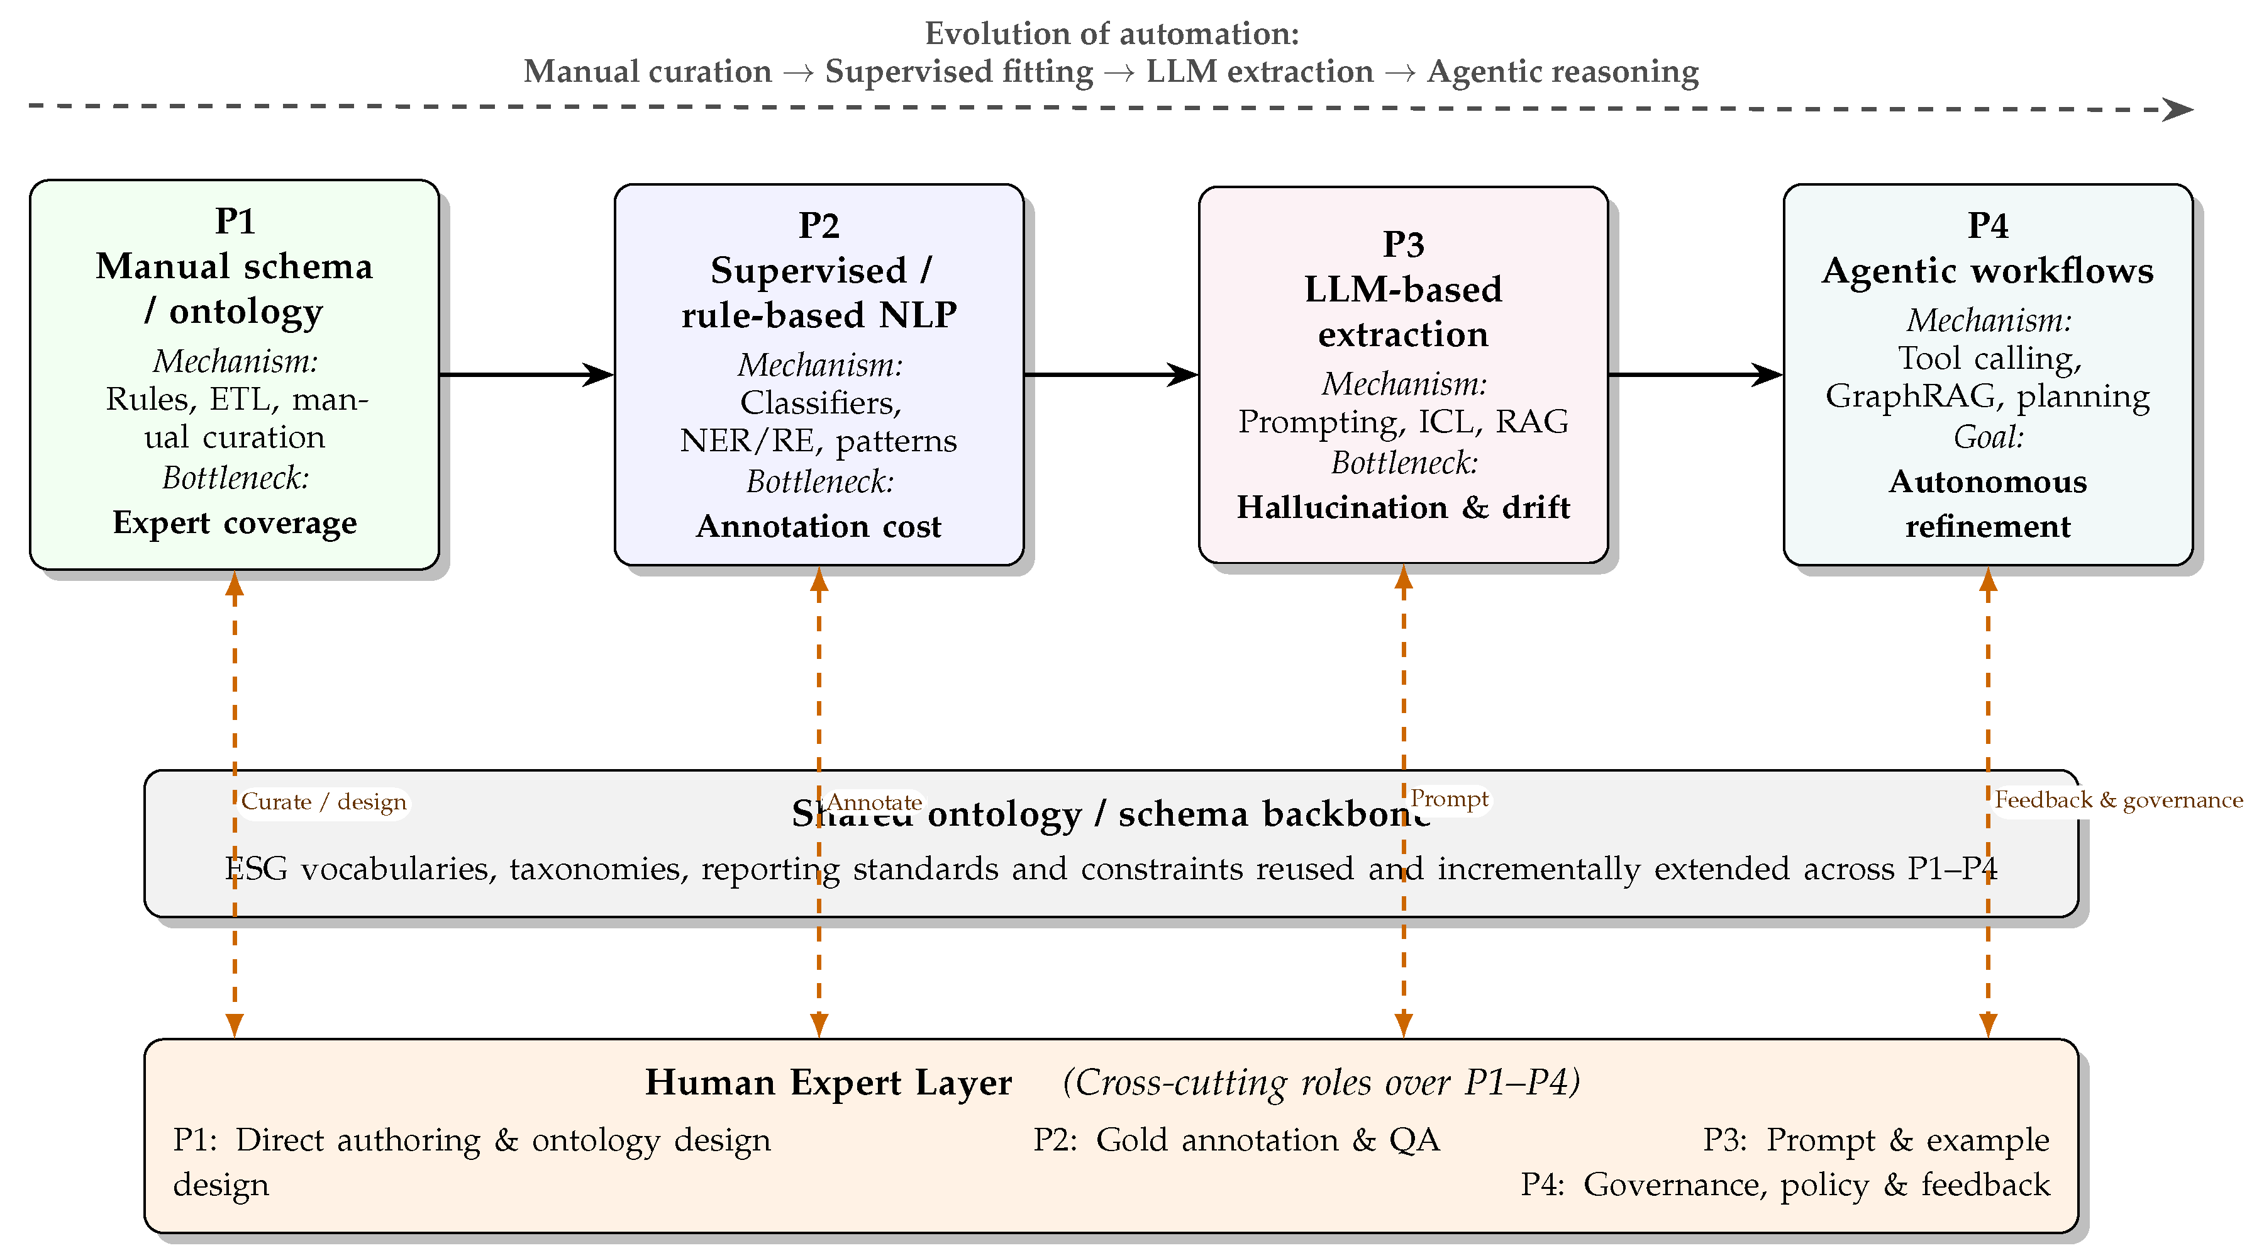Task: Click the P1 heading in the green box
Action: click(x=235, y=221)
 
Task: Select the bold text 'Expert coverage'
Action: click(x=235, y=522)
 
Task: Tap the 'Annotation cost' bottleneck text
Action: click(x=818, y=526)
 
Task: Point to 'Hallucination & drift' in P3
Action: click(x=1402, y=507)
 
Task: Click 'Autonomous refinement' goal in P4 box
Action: click(x=1987, y=504)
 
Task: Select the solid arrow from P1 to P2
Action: click(x=526, y=374)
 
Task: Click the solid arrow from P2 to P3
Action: click(x=1110, y=374)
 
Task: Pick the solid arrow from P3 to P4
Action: click(x=1694, y=374)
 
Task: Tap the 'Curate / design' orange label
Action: click(x=323, y=802)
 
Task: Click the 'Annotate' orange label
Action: click(x=874, y=802)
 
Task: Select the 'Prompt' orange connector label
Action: click(x=1450, y=799)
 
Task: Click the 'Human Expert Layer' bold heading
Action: click(x=828, y=1083)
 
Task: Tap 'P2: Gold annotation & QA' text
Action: click(x=1236, y=1140)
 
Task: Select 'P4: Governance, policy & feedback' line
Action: click(x=1784, y=1184)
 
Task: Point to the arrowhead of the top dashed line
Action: click(x=2178, y=110)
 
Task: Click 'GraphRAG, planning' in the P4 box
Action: click(x=1987, y=396)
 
